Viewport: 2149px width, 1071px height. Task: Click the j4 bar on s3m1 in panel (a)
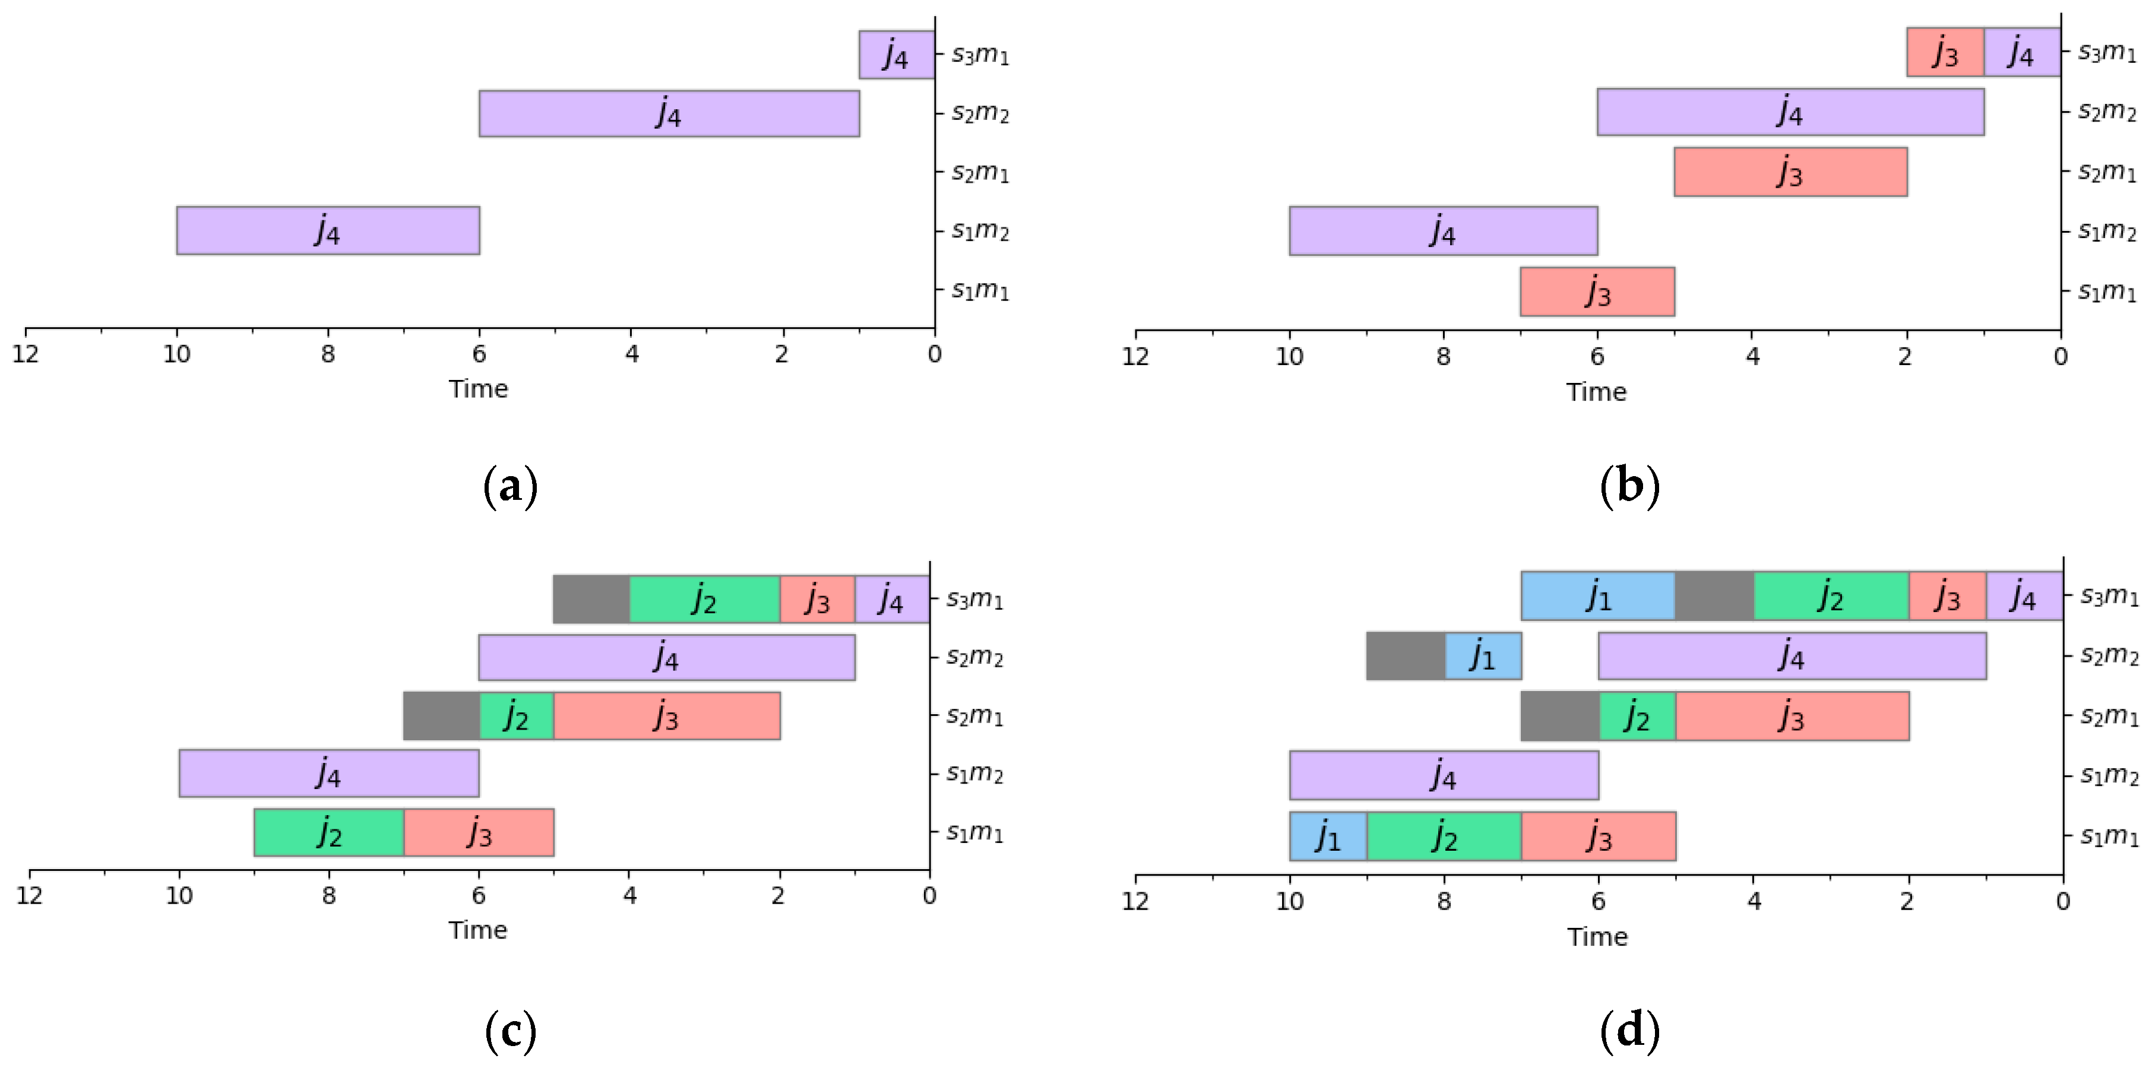click(896, 55)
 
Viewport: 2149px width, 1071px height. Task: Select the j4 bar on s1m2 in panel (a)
click(328, 230)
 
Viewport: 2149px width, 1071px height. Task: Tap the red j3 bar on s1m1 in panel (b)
click(1597, 292)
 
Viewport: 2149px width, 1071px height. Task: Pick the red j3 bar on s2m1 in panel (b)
click(1789, 172)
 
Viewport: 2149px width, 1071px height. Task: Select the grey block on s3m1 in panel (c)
click(591, 599)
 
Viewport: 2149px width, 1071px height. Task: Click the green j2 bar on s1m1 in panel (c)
click(329, 832)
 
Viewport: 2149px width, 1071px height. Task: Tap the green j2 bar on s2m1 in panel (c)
click(517, 715)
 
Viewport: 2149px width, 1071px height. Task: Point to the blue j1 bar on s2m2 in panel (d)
click(1482, 655)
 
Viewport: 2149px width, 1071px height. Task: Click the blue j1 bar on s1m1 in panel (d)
click(1327, 836)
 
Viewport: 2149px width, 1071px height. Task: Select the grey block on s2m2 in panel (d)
click(1405, 655)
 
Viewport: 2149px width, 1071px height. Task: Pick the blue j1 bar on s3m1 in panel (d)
click(1597, 595)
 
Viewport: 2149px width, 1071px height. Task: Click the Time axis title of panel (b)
click(1596, 392)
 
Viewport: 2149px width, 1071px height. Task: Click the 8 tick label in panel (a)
click(328, 354)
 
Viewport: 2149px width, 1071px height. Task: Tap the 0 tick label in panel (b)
click(2060, 357)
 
